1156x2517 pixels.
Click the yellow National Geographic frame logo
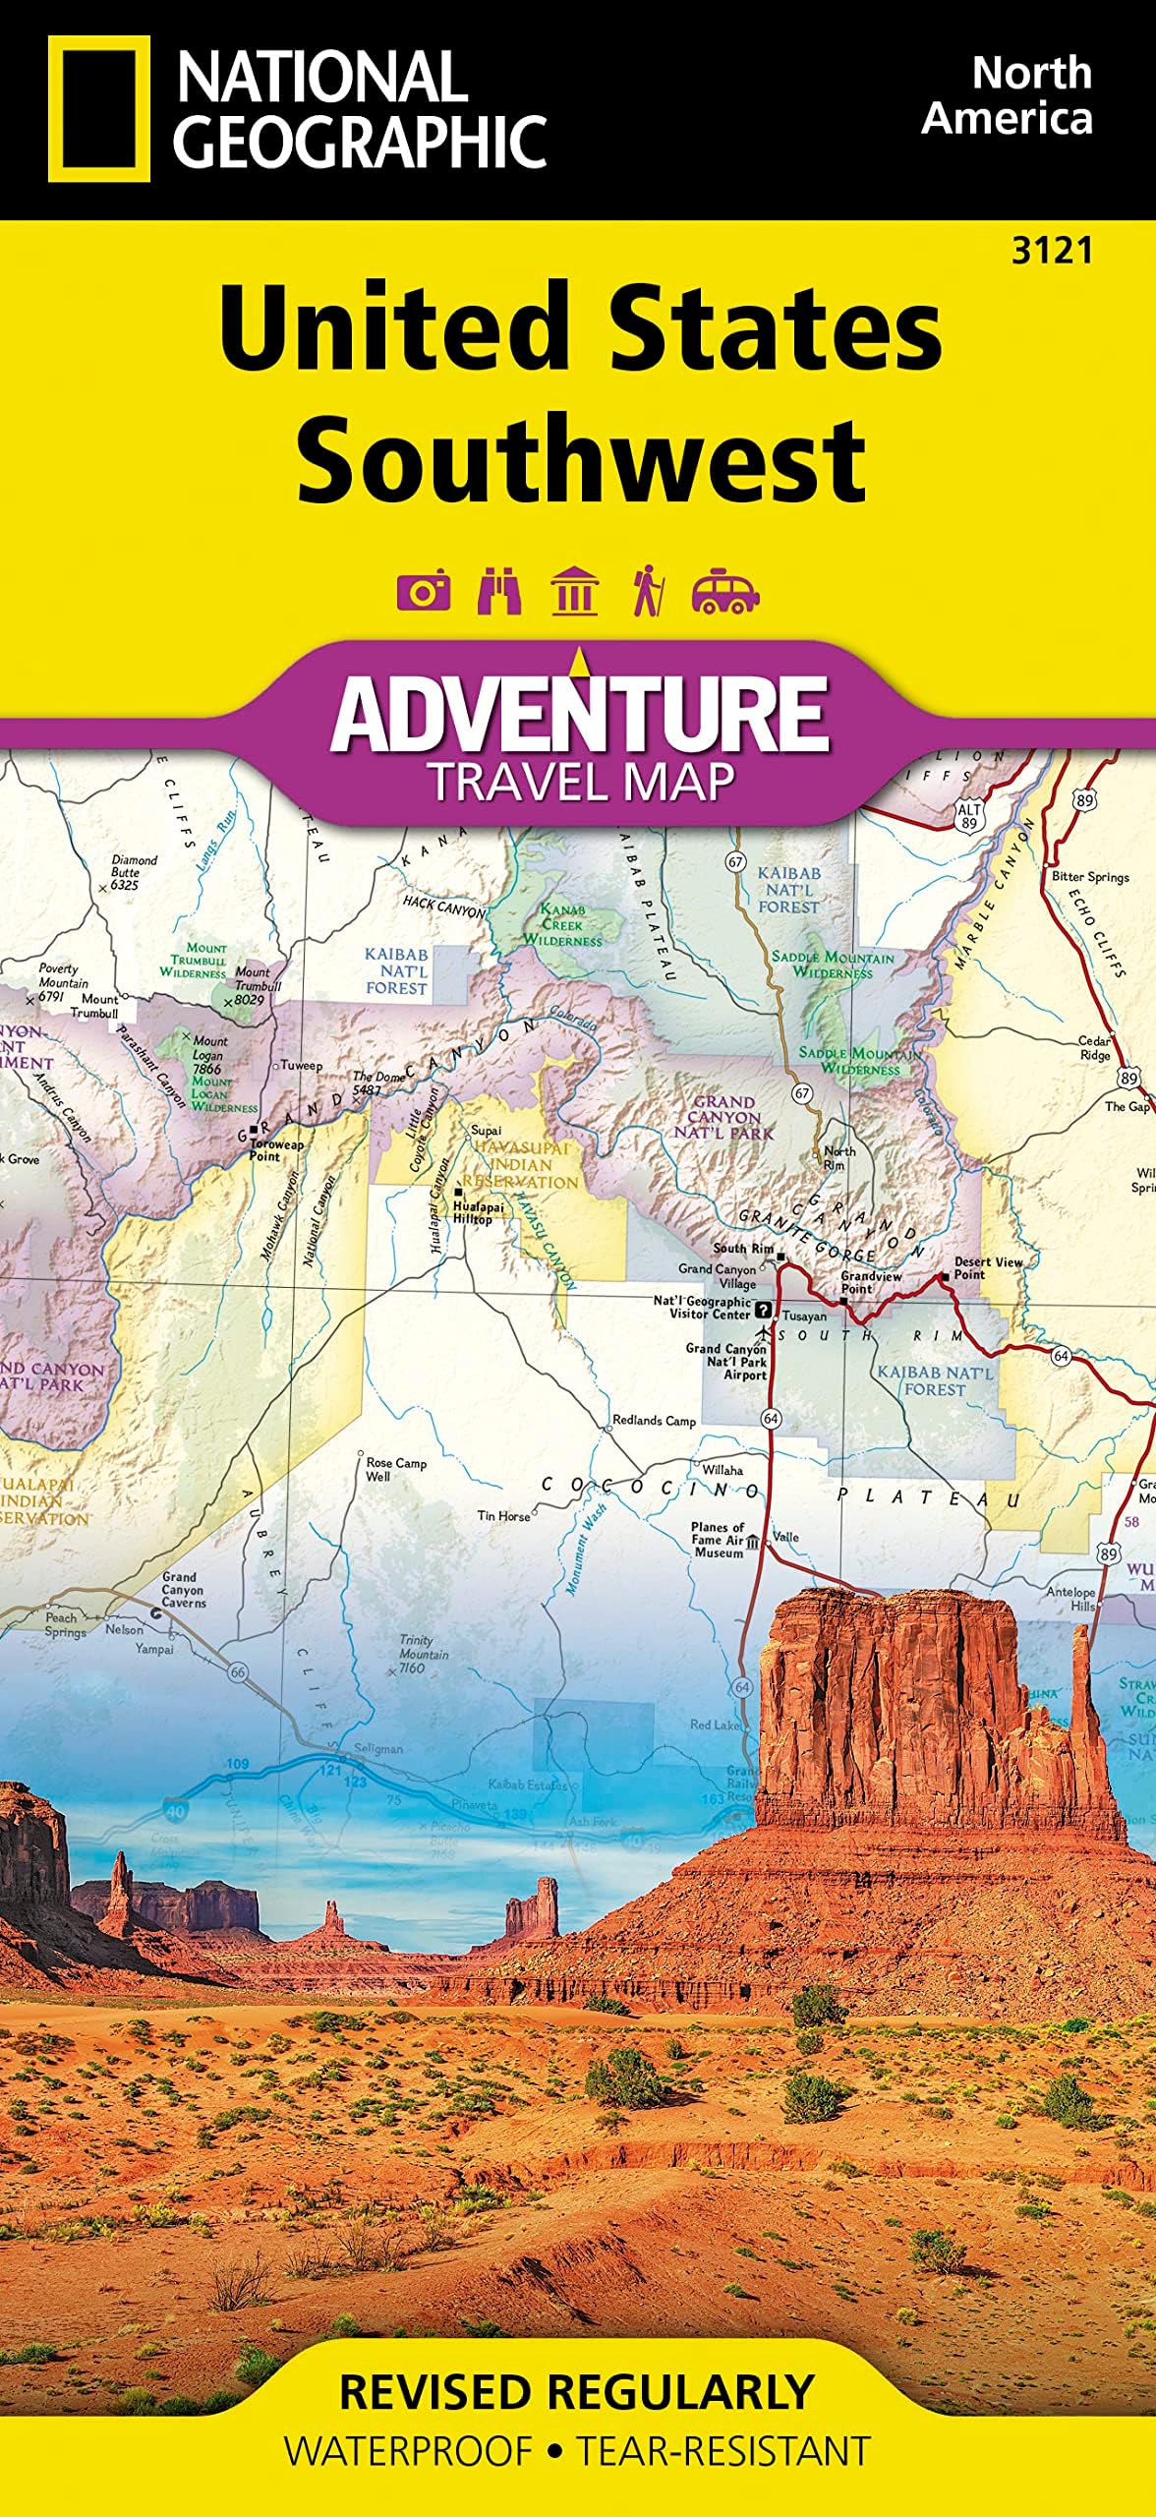(99, 109)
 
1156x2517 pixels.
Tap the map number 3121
(1052, 252)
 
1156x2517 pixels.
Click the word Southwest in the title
(581, 459)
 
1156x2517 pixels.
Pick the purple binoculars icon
(499, 591)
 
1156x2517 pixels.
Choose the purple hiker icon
(648, 591)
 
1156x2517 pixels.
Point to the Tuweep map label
(301, 1065)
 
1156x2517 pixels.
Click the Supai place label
(486, 1131)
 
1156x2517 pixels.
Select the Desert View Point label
(987, 1267)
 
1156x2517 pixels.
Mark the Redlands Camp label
(654, 1420)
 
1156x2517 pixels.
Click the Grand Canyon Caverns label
(184, 1590)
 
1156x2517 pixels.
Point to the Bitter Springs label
(1089, 876)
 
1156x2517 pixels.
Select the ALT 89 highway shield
(969, 815)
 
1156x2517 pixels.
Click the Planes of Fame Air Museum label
(718, 1540)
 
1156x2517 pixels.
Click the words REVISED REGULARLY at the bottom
(577, 2392)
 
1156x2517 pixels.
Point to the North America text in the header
(1007, 95)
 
